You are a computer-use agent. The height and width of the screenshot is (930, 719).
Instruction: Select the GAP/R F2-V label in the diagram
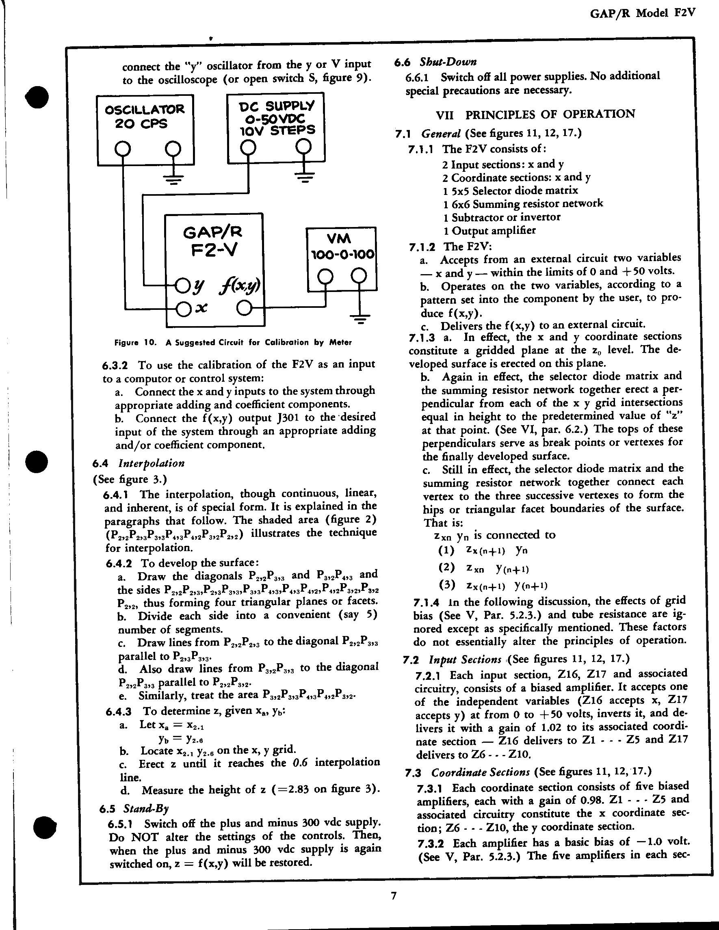coord(213,241)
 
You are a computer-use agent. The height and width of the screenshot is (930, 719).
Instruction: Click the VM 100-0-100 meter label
coord(342,247)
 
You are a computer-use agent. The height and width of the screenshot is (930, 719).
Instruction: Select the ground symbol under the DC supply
coord(304,176)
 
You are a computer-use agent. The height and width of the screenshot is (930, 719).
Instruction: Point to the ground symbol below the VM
coord(360,318)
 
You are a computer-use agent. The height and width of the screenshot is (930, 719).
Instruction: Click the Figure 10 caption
coord(233,342)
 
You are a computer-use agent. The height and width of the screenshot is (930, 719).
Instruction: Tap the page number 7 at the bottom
coord(394,896)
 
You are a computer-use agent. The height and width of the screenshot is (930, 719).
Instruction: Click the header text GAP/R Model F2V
coord(642,13)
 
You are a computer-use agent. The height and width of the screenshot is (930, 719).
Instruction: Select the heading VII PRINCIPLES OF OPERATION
coord(535,115)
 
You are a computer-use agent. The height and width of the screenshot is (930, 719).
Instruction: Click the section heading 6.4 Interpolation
coord(139,463)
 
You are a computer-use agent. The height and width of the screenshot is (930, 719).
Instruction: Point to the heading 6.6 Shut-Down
coord(435,62)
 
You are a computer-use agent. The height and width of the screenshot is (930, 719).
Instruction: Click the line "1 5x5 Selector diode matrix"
coord(510,190)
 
